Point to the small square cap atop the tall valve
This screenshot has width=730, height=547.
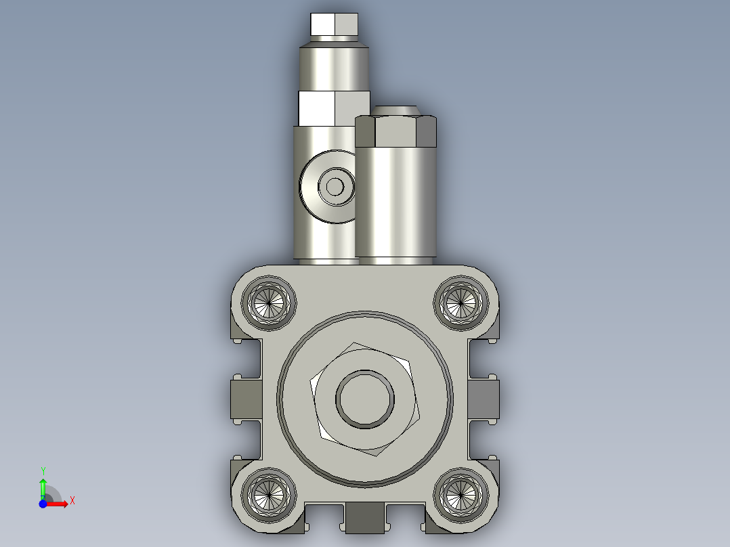tap(334, 25)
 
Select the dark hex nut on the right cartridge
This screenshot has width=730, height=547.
tap(396, 131)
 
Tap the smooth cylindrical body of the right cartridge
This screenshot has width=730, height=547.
tap(396, 203)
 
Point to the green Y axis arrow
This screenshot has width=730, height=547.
tap(43, 487)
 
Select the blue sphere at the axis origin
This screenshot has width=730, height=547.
tap(43, 504)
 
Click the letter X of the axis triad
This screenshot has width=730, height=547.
tap(72, 500)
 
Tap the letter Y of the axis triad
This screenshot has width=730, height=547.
tap(43, 471)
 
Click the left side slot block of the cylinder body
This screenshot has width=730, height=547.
tap(244, 398)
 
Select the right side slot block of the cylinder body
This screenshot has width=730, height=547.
tap(484, 398)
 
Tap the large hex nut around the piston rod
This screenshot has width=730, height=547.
tap(322, 420)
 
